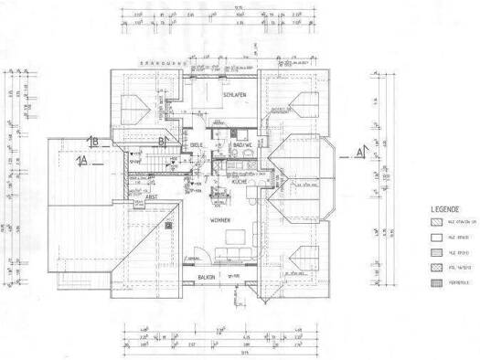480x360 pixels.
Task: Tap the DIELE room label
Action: [x=196, y=146]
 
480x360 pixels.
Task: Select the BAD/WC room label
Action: [x=243, y=145]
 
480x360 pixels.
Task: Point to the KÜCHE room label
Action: [x=240, y=183]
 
